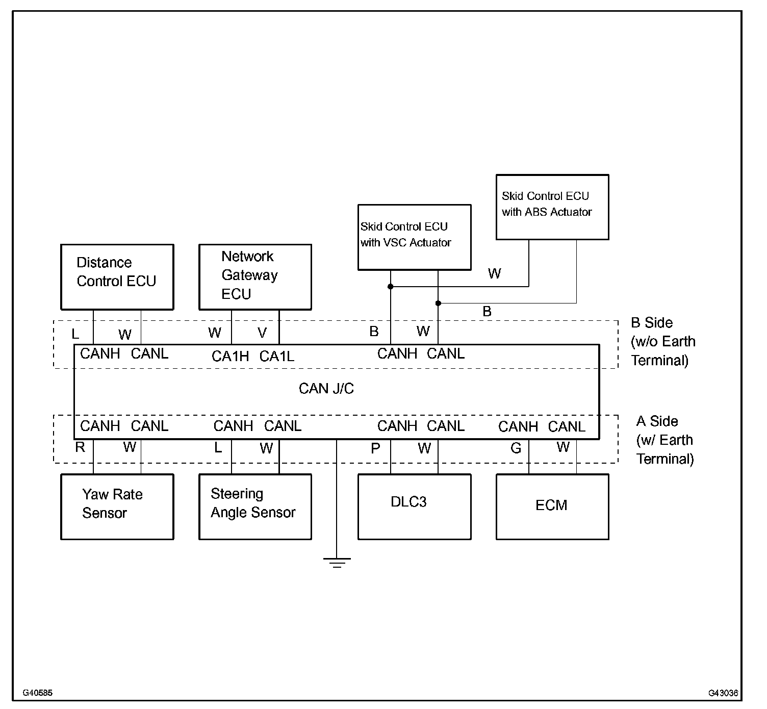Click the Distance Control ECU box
pos(117,276)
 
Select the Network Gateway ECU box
pos(255,276)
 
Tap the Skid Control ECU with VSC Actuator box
pos(414,237)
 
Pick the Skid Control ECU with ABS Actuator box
pos(552,207)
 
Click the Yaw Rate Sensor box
pos(117,507)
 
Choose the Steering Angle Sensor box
pos(255,507)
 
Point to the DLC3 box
pos(414,507)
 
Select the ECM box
pos(552,507)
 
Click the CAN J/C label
pos(326,389)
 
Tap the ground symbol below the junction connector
pos(337,562)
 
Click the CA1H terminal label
pos(230,356)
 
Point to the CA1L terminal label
pos(277,356)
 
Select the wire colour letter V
pos(262,333)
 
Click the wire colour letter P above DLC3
pos(375,448)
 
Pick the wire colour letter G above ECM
pos(516,448)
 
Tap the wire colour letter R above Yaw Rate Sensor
pos(80,447)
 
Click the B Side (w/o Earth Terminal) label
pos(662,341)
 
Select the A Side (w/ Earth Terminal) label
pos(664,440)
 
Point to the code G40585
pos(37,693)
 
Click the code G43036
pos(723,693)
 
